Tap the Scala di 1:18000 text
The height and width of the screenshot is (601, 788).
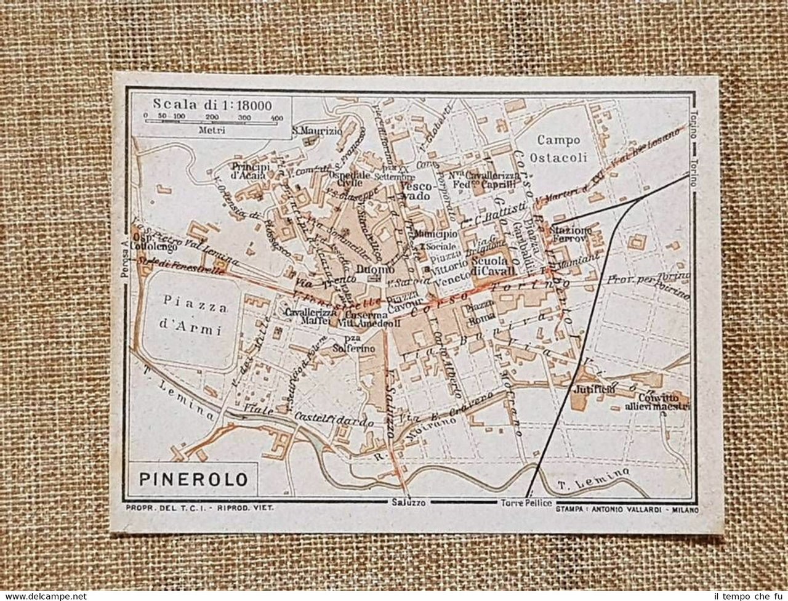(x=212, y=105)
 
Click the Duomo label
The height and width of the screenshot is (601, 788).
(x=374, y=270)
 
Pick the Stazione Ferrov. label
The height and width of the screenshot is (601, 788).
(x=573, y=234)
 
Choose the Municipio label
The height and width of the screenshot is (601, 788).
(x=435, y=235)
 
